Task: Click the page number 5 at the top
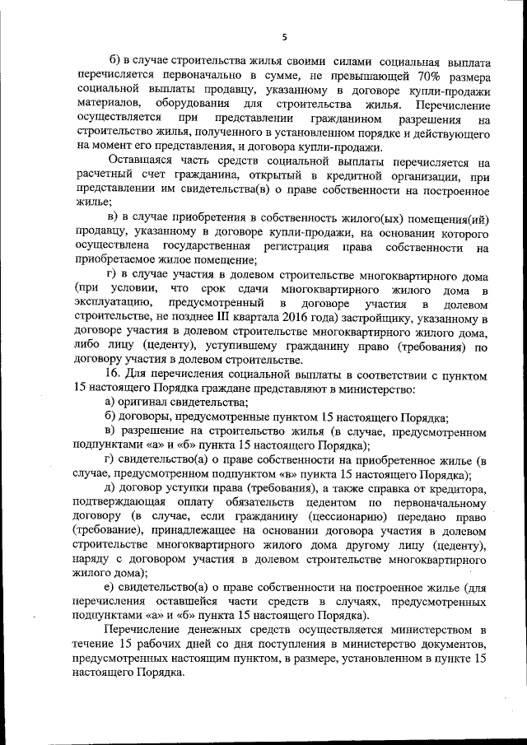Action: (x=283, y=37)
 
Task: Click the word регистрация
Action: (x=296, y=246)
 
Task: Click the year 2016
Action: (x=301, y=318)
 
